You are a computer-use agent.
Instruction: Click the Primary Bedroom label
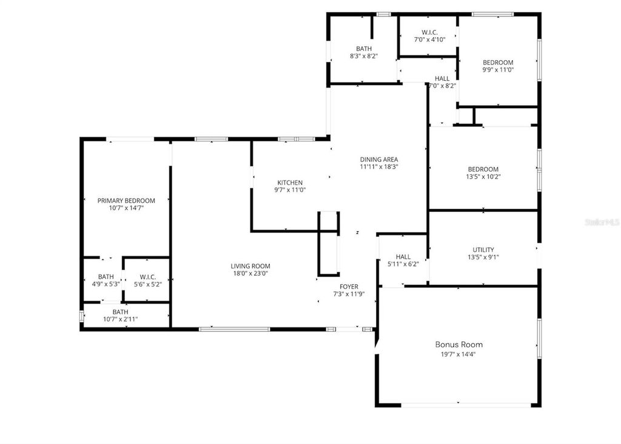coord(126,200)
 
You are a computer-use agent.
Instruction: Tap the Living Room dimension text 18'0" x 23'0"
coord(250,273)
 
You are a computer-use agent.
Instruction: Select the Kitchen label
coord(290,183)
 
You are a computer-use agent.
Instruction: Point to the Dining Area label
coord(378,160)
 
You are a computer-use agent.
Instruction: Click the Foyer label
coord(349,287)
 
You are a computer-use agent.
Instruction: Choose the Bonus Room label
coord(459,344)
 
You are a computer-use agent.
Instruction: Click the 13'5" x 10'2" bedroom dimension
coord(483,177)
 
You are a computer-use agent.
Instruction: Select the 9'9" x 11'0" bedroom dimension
coord(498,70)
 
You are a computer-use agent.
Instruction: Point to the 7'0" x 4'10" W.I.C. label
coord(429,32)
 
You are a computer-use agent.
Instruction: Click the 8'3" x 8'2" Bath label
coord(364,49)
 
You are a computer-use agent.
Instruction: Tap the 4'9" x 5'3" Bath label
coord(106,277)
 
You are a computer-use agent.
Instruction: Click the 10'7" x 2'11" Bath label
coord(120,312)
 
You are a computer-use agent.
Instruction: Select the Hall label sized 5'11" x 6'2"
coord(403,257)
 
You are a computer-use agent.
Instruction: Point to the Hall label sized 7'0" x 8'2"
coord(442,78)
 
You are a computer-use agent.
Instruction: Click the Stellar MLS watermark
coord(602,223)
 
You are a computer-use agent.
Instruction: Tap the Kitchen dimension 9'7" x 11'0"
coord(290,190)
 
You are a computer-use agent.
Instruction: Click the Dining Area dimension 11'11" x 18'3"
coord(378,166)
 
